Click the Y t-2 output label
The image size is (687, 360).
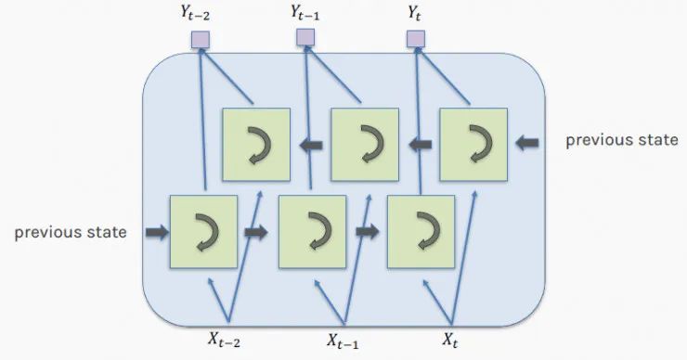[x=201, y=15]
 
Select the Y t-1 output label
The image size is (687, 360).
[x=306, y=13]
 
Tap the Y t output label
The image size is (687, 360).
[x=415, y=14]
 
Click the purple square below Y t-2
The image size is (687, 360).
[x=200, y=39]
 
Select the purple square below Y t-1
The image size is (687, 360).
[x=305, y=37]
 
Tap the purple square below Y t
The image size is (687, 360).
[x=416, y=38]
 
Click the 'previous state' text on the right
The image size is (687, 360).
[x=621, y=140]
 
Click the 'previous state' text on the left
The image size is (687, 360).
[x=71, y=232]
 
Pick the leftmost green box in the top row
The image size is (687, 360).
[x=255, y=143]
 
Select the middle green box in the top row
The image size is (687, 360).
[x=365, y=143]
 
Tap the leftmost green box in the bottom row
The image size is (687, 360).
[x=203, y=230]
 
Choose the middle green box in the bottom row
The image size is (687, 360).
[x=313, y=230]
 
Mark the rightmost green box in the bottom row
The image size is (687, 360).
[x=421, y=230]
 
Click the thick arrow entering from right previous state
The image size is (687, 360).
[x=526, y=142]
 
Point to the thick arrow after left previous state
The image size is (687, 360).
[x=157, y=232]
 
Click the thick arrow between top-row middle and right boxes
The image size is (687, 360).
[x=420, y=143]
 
